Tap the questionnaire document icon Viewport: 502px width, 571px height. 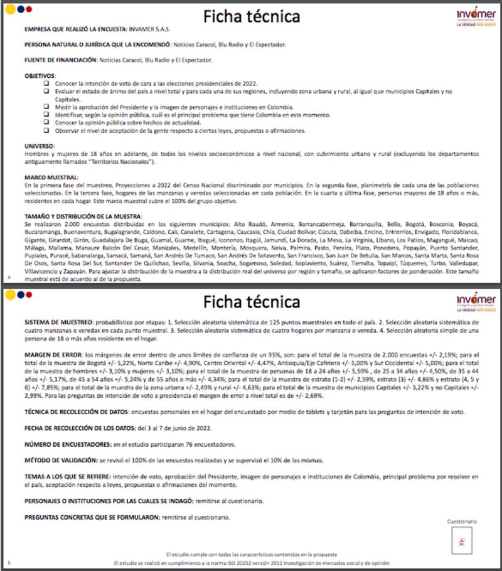462,538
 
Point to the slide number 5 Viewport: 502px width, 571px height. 8,563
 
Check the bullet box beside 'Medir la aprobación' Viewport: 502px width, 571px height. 46,107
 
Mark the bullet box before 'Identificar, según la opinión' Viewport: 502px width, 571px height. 46,115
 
